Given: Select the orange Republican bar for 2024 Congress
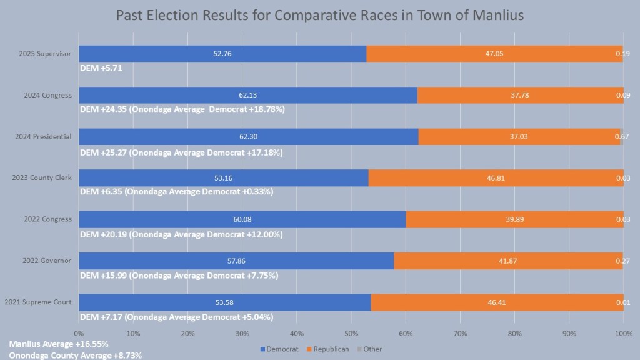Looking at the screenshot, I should point(520,95).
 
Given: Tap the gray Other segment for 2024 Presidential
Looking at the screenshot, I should point(622,136).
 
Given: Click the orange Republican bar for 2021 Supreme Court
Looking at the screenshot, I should point(497,302).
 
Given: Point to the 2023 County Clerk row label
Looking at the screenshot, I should point(42,178).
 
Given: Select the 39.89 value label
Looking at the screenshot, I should point(514,219).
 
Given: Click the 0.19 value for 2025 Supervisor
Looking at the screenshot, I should point(622,54).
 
